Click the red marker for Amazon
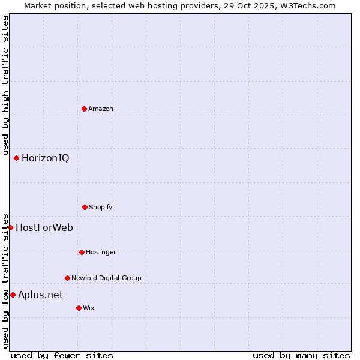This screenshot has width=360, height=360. (x=84, y=109)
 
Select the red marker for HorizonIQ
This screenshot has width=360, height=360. (x=16, y=158)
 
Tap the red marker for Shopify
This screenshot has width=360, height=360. (x=85, y=207)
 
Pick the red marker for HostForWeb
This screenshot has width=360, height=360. (x=10, y=227)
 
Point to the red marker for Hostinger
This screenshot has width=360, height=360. (x=82, y=252)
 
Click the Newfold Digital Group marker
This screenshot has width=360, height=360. (x=67, y=278)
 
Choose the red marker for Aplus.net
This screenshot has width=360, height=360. (x=13, y=295)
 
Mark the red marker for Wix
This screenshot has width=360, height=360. (x=79, y=308)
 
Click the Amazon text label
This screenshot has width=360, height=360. (x=101, y=109)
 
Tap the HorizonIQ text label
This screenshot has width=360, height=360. (x=45, y=158)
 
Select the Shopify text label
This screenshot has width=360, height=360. (x=101, y=207)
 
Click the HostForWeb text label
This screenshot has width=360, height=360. (x=44, y=227)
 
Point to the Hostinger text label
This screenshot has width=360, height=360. (x=101, y=252)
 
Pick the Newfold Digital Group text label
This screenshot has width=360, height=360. (x=106, y=278)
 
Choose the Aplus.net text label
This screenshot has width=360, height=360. (x=40, y=295)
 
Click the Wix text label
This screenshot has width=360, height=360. (x=89, y=308)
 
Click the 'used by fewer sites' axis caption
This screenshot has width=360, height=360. (x=62, y=356)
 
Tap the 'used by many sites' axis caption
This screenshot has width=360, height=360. (x=301, y=356)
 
